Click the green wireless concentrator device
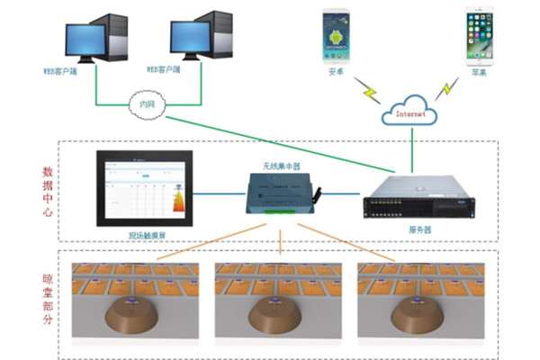tap(283, 192)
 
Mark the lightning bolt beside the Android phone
tap(369, 90)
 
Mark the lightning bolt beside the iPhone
tap(445, 90)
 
